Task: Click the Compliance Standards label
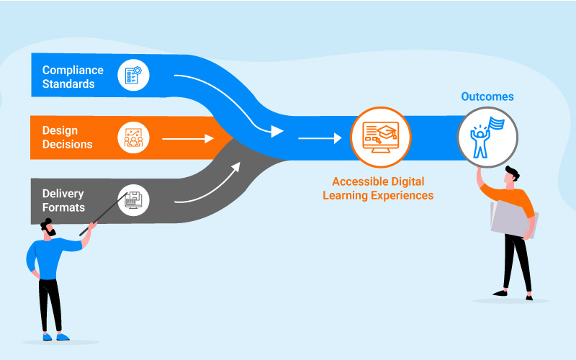tap(73, 77)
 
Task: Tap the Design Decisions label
tap(67, 138)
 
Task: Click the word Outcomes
tap(487, 96)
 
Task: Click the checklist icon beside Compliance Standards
tap(133, 74)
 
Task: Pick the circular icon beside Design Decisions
tap(133, 137)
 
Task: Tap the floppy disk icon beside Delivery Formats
tap(133, 199)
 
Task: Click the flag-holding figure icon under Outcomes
tap(487, 137)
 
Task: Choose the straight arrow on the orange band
tap(189, 138)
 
